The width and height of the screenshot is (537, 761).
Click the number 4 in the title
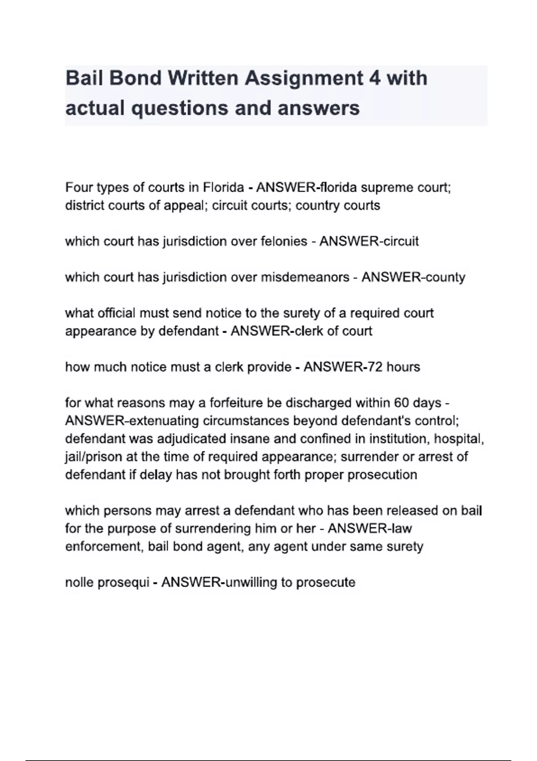click(375, 78)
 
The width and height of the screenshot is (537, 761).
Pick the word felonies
click(281, 241)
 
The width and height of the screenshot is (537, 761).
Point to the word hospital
click(459, 439)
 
